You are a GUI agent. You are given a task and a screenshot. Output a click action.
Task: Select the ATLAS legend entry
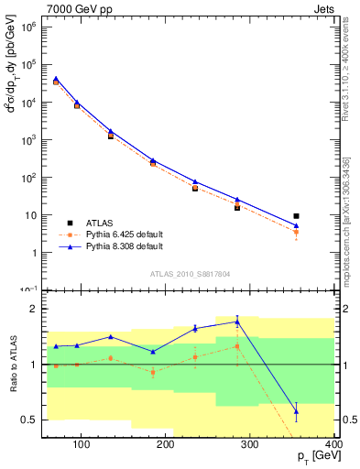98,223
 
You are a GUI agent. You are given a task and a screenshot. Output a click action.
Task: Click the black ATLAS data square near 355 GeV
296,216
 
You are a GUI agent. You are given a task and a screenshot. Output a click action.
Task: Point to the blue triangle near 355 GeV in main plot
296,224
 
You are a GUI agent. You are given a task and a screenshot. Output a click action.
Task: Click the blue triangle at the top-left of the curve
56,79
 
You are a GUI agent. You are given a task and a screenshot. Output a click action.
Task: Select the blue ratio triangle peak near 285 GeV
237,322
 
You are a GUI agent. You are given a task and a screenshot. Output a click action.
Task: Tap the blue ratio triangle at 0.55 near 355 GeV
296,410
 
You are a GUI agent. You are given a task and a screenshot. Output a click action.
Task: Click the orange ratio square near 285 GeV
237,346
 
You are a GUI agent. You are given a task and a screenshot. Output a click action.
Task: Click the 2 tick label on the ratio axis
39,309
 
